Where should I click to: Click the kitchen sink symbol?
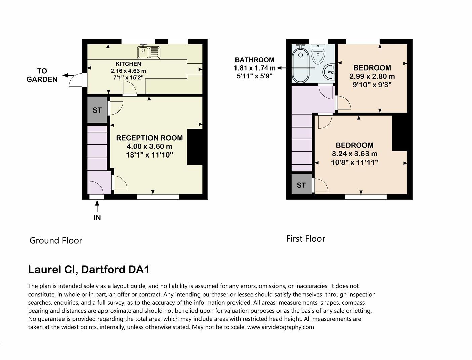148,52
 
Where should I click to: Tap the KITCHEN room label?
128,64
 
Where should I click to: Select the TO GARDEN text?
42,75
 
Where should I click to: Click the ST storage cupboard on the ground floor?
97,110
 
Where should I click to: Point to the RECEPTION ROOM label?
149,138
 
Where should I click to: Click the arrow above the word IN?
97,206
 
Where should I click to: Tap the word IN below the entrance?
97,218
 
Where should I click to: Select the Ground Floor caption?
56,241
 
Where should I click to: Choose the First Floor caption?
305,239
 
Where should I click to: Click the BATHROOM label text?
254,60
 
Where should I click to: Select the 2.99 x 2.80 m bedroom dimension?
372,76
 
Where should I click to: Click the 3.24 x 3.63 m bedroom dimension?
354,154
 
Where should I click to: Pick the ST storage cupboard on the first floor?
301,185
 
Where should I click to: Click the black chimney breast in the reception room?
195,147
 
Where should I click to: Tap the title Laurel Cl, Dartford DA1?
89,270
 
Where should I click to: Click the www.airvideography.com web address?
281,327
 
